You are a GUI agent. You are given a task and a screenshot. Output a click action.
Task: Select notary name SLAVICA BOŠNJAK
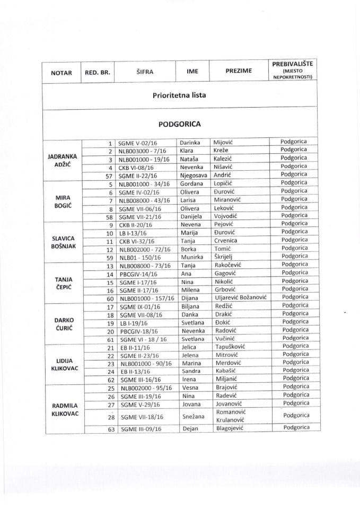tap(63, 239)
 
